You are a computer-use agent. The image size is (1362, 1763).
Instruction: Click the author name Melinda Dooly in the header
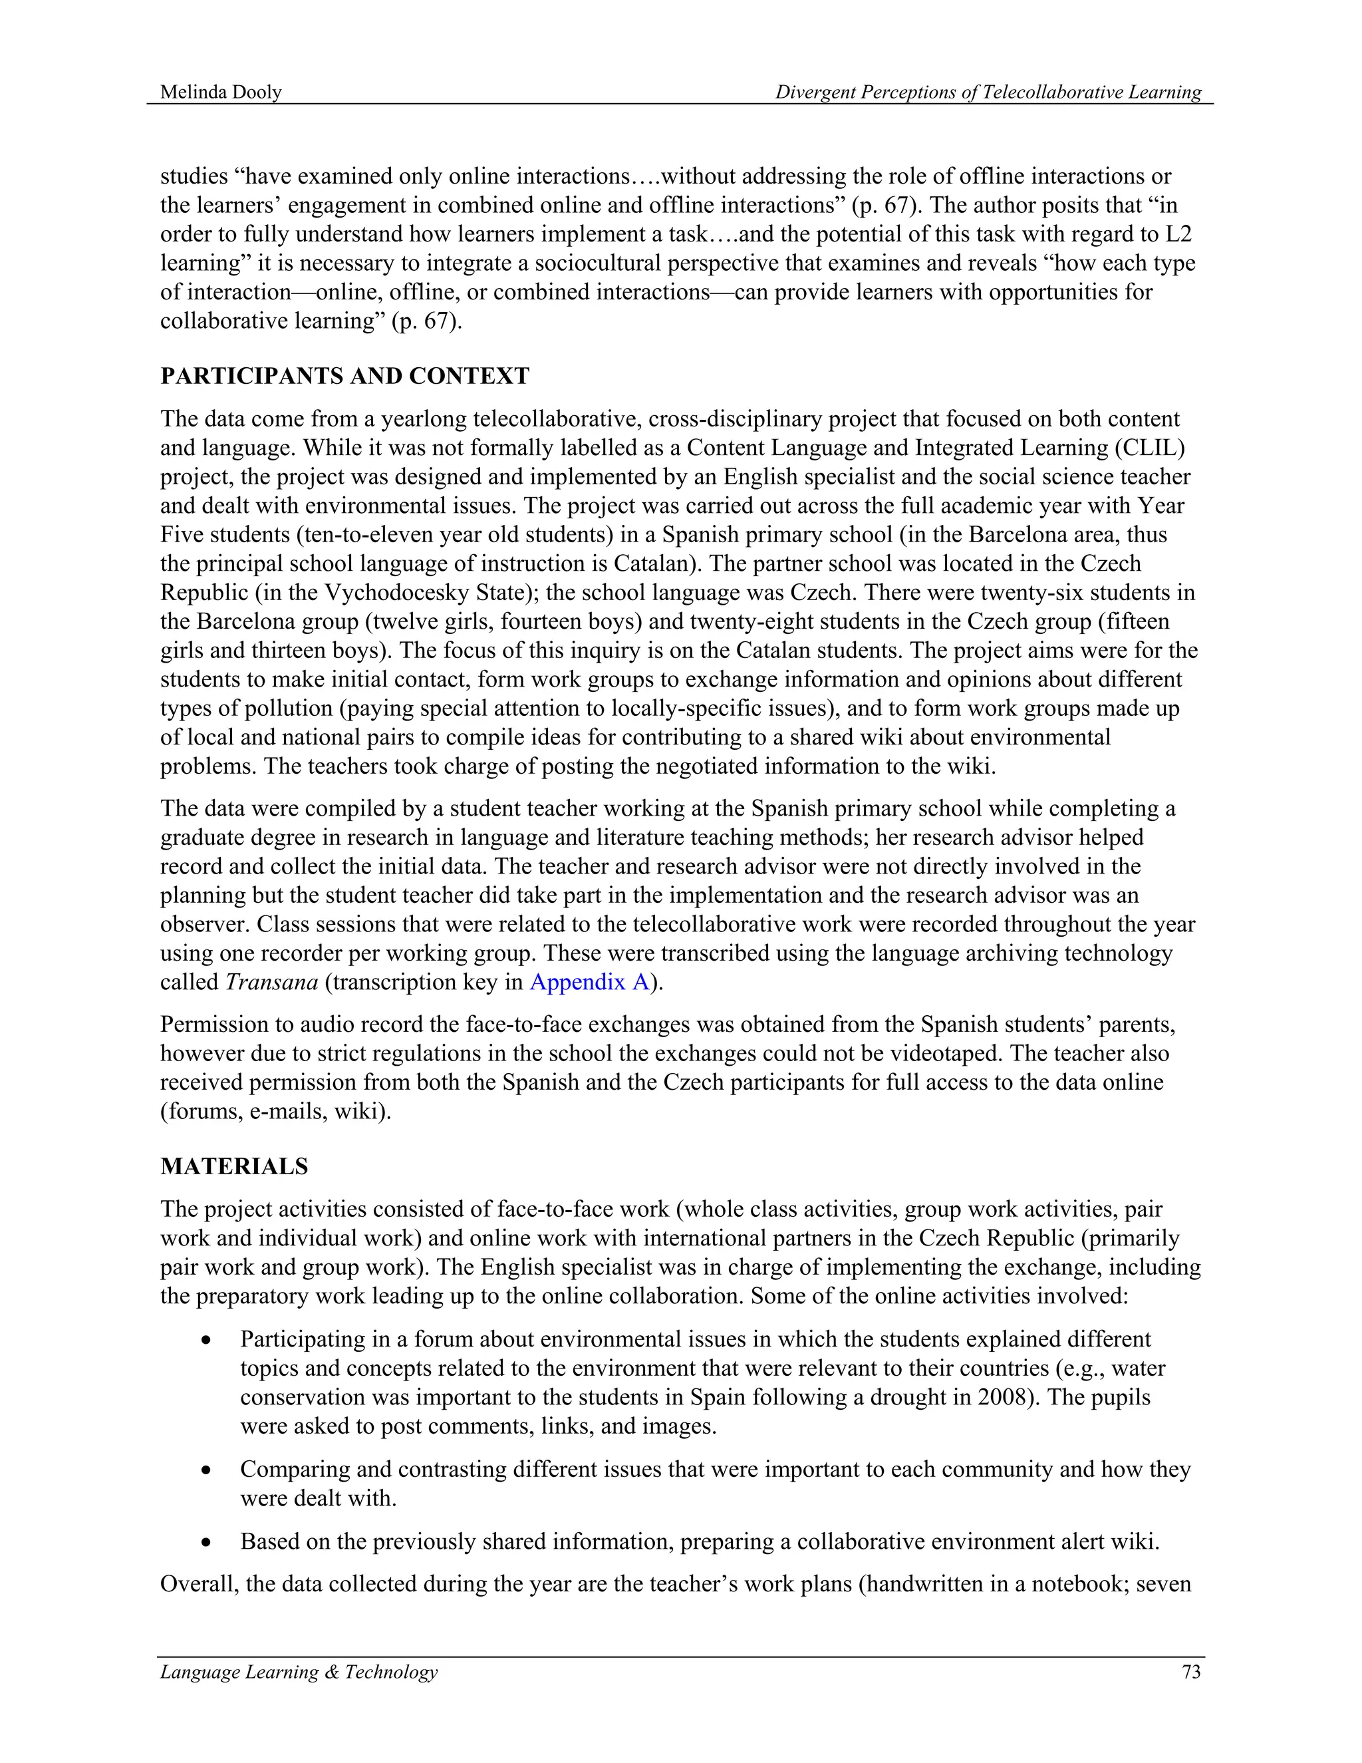[x=220, y=92]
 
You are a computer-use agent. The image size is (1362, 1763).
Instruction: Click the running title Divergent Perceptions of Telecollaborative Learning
[x=988, y=92]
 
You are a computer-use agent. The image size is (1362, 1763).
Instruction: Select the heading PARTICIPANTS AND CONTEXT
[x=344, y=376]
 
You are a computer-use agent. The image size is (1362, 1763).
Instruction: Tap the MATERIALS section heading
[x=234, y=1166]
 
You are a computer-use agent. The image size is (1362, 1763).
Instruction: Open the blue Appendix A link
[x=589, y=983]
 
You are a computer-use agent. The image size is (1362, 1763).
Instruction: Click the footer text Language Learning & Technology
[x=299, y=1672]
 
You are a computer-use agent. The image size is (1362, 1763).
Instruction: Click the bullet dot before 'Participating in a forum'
[x=207, y=1340]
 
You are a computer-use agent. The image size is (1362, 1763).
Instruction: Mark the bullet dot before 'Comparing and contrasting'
[x=207, y=1470]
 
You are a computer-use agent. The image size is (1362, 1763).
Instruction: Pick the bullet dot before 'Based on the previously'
[x=207, y=1543]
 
